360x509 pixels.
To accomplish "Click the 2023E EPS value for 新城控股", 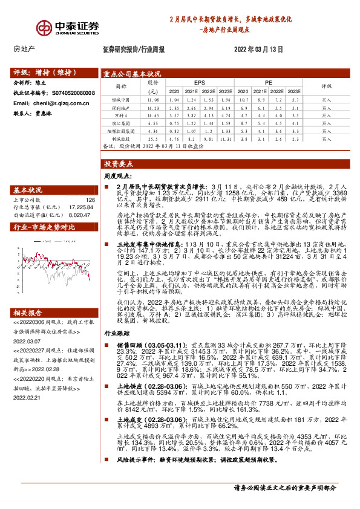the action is [x=226, y=138].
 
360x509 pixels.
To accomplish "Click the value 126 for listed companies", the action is [x=91, y=199].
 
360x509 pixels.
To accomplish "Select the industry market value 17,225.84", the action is [x=83, y=206].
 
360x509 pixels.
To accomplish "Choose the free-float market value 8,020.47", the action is [x=83, y=213].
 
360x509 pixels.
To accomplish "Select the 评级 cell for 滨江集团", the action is [x=327, y=122].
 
